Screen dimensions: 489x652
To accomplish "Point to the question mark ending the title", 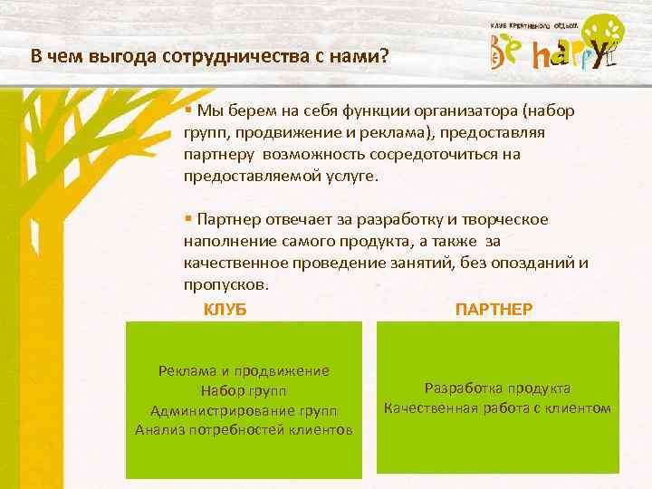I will (x=385, y=56).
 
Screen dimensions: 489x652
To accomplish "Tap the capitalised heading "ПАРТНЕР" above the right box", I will (x=494, y=310).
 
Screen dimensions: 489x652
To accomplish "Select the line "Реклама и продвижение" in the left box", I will (x=243, y=370).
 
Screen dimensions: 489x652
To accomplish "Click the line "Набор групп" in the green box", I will (x=243, y=390).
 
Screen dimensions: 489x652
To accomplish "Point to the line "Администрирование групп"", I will (x=243, y=409).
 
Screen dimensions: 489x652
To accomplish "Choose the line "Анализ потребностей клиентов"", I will (x=243, y=428).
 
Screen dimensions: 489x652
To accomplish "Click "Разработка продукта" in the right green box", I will (x=497, y=388).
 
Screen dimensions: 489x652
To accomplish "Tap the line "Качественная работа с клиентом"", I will (x=497, y=407).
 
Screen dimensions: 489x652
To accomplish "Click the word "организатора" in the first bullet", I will (x=475, y=111).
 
